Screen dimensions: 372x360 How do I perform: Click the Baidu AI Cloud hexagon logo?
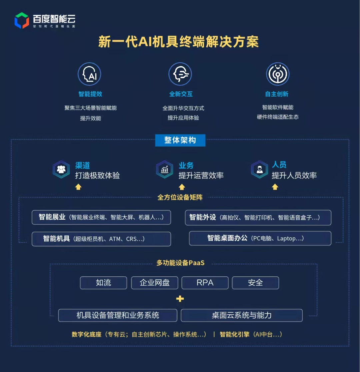[22, 20]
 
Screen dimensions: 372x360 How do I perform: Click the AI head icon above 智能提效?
[89, 74]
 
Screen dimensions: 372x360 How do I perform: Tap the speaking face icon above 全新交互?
[180, 74]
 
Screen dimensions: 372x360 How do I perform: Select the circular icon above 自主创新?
[277, 74]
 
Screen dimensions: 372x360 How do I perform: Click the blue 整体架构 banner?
[180, 140]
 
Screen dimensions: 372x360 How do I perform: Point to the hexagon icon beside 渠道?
[61, 170]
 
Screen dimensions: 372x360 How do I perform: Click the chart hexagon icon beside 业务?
[164, 170]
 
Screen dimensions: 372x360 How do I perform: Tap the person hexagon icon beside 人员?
[259, 170]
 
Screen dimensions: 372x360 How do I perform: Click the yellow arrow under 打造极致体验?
[78, 187]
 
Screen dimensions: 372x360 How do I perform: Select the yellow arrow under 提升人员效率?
[275, 187]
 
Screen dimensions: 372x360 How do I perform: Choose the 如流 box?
[103, 283]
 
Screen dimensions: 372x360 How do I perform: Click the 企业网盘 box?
[155, 283]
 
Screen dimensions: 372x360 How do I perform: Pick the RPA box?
[205, 283]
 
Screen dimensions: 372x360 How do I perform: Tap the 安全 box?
[255, 283]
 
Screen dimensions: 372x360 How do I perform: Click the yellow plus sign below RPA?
[180, 299]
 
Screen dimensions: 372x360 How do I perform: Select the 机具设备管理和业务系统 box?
[118, 315]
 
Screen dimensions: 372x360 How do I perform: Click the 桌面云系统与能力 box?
[242, 315]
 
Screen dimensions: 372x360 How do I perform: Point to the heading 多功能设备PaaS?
[180, 263]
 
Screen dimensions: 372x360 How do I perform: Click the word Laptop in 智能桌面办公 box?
[286, 238]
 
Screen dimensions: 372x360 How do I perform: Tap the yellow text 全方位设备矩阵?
[180, 197]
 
